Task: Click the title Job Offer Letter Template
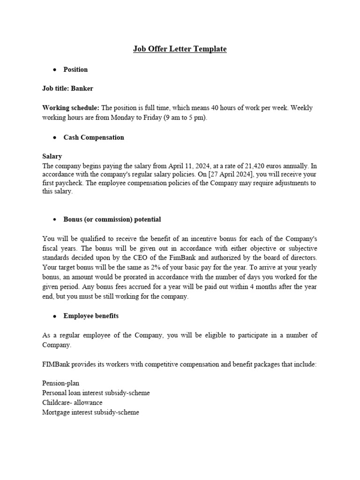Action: tap(180, 49)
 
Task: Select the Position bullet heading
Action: tap(75, 69)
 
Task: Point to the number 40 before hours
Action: tap(204, 108)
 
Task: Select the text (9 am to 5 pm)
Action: tap(185, 118)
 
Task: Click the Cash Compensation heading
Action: tap(94, 137)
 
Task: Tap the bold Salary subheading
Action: tap(52, 156)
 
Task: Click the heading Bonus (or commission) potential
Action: tap(112, 219)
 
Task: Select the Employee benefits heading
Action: tap(91, 316)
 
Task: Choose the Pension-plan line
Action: tap(60, 383)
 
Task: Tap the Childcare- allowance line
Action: tap(72, 403)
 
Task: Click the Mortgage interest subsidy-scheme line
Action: tap(90, 412)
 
